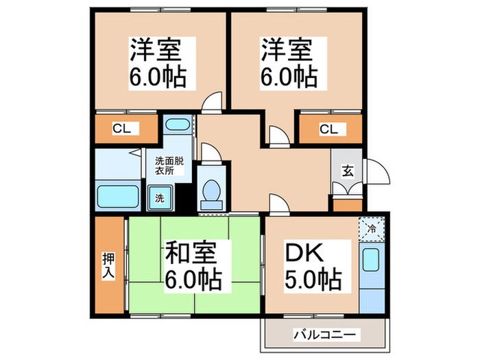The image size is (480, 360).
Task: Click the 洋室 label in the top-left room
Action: pyautogui.click(x=157, y=50)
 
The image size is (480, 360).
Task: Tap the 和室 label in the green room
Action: pyautogui.click(x=191, y=254)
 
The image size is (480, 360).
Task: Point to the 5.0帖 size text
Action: pyautogui.click(x=312, y=280)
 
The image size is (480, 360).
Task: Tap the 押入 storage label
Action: pyautogui.click(x=109, y=265)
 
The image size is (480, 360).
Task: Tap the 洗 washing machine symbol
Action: pyautogui.click(x=160, y=199)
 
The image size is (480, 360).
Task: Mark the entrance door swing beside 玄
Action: pyautogui.click(x=374, y=172)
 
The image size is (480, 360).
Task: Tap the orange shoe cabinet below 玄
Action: pyautogui.click(x=347, y=204)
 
